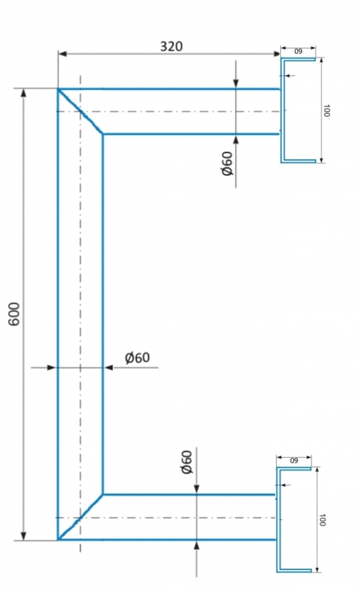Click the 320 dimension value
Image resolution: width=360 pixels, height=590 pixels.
point(171,46)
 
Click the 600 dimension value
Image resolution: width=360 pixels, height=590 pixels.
point(14,314)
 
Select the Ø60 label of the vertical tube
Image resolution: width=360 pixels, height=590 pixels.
point(137,358)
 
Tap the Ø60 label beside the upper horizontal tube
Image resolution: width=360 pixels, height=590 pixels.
point(227,163)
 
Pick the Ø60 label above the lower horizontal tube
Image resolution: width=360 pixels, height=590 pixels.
point(187,462)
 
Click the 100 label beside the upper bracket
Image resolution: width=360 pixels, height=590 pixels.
point(327,111)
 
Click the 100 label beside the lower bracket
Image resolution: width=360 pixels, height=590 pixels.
point(322,520)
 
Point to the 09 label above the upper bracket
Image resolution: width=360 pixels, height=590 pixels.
point(298,52)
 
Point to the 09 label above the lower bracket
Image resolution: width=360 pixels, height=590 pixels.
point(294,460)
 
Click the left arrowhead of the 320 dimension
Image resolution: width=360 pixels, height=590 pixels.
point(63,54)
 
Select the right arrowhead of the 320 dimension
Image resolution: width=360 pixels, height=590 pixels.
point(276,54)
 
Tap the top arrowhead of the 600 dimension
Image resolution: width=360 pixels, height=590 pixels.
point(24,93)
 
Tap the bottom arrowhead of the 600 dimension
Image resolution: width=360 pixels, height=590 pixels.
point(24,536)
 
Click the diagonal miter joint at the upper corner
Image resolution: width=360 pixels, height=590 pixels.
point(80,111)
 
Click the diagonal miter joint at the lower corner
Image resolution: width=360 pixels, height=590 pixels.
point(80,517)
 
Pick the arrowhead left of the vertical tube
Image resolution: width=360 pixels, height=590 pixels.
point(52,367)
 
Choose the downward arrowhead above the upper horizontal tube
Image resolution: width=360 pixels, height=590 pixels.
point(236,83)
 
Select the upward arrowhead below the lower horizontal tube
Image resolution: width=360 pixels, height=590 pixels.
point(196,545)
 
